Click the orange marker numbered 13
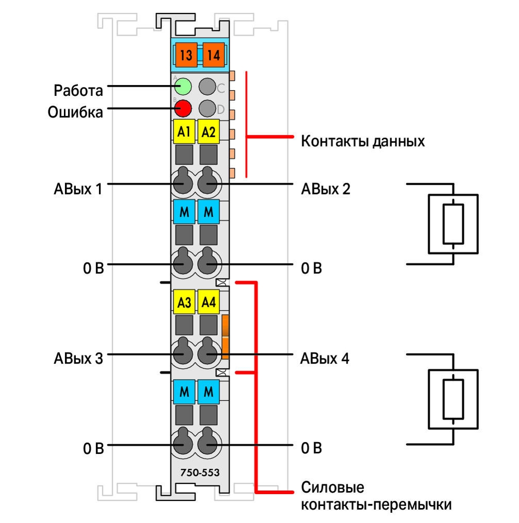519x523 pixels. click(x=186, y=55)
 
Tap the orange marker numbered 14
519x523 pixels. click(x=214, y=55)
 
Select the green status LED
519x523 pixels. click(x=183, y=87)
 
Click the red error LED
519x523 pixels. click(x=183, y=108)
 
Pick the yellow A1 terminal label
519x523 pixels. click(x=184, y=132)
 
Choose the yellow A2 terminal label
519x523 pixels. click(x=208, y=132)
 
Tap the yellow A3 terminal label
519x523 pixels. click(x=184, y=302)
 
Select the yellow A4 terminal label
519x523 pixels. click(x=208, y=302)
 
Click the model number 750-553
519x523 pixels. click(x=200, y=472)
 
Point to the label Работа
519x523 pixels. click(x=78, y=90)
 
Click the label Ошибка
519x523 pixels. click(x=75, y=112)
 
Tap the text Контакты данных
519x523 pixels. click(x=363, y=141)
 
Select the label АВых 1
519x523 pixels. click(x=78, y=189)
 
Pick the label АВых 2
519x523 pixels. click(x=326, y=189)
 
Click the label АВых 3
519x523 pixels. click(x=78, y=358)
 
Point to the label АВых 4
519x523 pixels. click(x=325, y=358)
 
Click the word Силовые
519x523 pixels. click(x=333, y=487)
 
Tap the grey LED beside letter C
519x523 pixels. click(x=207, y=87)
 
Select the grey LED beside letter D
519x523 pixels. click(x=207, y=108)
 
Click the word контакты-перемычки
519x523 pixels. click(x=376, y=504)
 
